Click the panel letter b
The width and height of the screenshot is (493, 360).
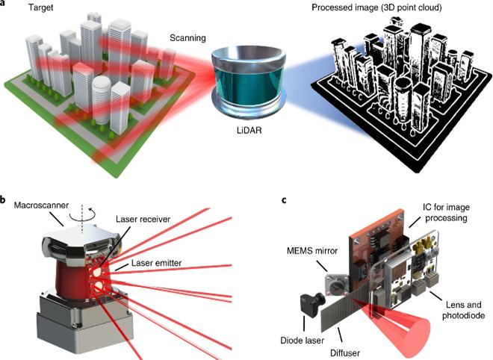point(5,199)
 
